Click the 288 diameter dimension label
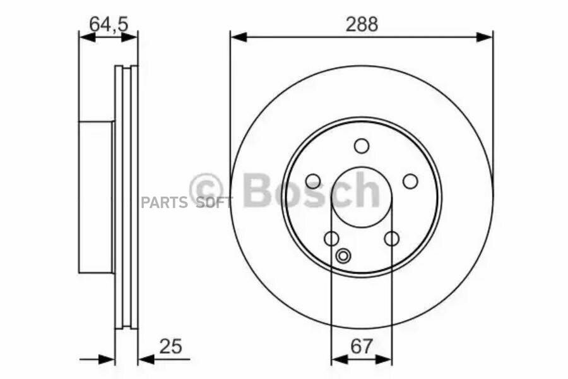pos(362,24)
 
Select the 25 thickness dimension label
pos(170,346)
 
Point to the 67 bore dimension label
pos(362,346)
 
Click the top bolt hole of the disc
pos(362,146)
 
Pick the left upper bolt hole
pos(313,181)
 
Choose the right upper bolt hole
pos(410,181)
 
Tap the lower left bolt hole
pos(331,239)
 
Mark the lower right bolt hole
pos(391,239)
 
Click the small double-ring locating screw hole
pos(343,256)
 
